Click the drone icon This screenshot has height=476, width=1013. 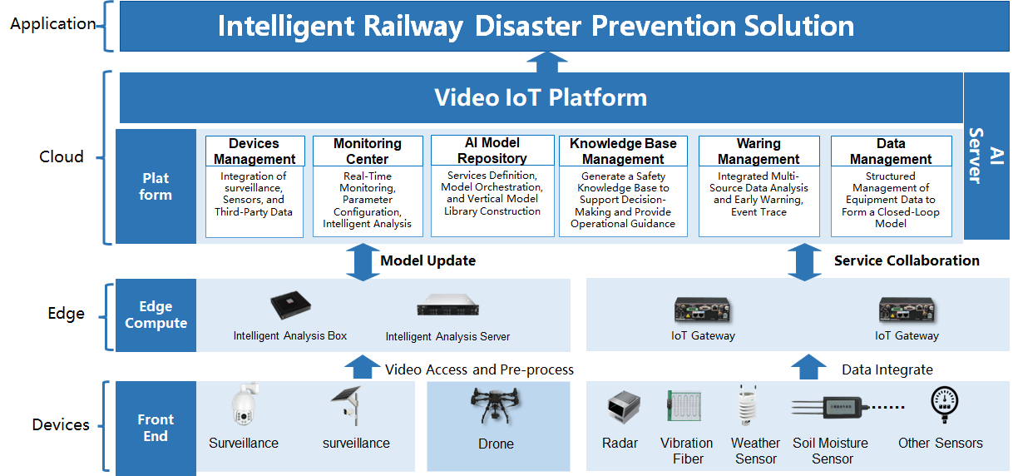point(495,405)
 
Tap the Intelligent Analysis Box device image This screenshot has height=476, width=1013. point(290,305)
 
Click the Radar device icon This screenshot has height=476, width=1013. point(624,407)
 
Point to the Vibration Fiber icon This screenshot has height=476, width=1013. point(684,406)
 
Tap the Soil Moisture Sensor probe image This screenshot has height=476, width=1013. point(847,407)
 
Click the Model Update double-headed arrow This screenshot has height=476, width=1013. point(363,262)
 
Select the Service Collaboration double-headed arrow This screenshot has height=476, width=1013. point(804,262)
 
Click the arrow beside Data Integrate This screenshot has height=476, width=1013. point(808,367)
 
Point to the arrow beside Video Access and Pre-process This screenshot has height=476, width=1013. point(363,367)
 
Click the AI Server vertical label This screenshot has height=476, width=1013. point(986,156)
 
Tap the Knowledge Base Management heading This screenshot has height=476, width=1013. point(623,151)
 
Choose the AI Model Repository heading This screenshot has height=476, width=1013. point(492,151)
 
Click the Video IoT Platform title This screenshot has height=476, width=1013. point(541,97)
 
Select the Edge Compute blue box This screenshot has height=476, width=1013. point(156,315)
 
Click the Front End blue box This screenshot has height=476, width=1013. point(156,428)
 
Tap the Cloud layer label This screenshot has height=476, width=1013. point(62,156)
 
